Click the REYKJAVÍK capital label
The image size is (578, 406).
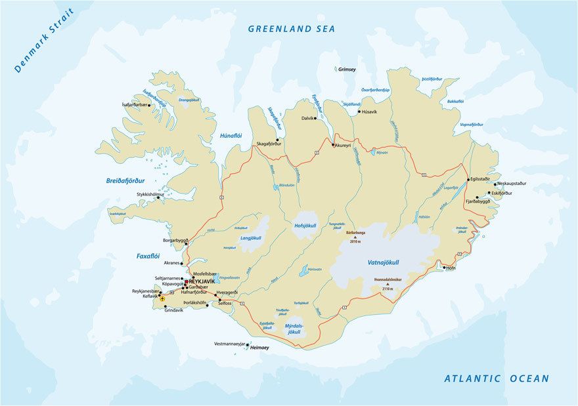(x=202, y=281)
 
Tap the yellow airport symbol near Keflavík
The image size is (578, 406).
(x=162, y=298)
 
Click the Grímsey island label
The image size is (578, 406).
(x=346, y=69)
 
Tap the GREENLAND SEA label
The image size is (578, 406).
(x=291, y=29)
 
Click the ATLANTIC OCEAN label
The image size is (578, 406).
(x=497, y=378)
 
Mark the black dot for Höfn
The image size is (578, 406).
(x=444, y=268)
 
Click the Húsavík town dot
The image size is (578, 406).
(x=359, y=112)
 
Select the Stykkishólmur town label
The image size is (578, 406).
(x=150, y=194)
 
